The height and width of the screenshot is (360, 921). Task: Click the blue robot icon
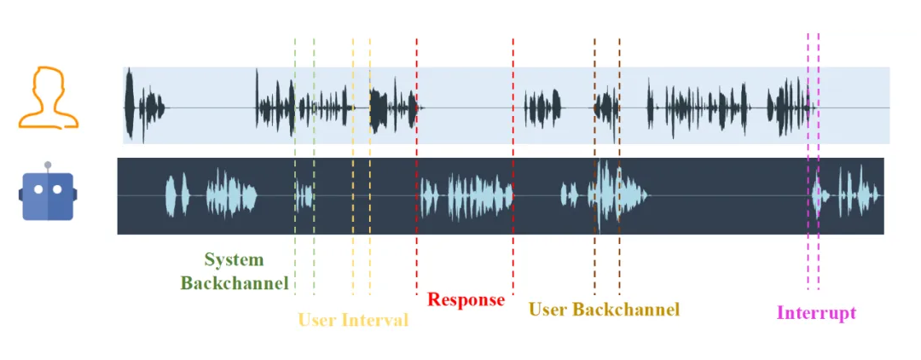point(48,194)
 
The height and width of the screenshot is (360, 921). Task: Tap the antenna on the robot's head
point(48,165)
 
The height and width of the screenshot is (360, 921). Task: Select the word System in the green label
point(234,260)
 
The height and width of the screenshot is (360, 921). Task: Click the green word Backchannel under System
point(235,283)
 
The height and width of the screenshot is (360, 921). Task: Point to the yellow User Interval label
point(353,321)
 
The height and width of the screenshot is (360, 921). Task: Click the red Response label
point(466,300)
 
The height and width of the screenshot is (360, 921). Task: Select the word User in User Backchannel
point(549,310)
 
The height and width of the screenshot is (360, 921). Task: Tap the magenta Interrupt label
point(816,313)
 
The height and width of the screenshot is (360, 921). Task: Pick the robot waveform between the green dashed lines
point(304,196)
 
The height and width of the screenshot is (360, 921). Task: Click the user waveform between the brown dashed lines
point(607,107)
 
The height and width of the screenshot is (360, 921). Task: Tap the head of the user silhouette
point(48,84)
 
